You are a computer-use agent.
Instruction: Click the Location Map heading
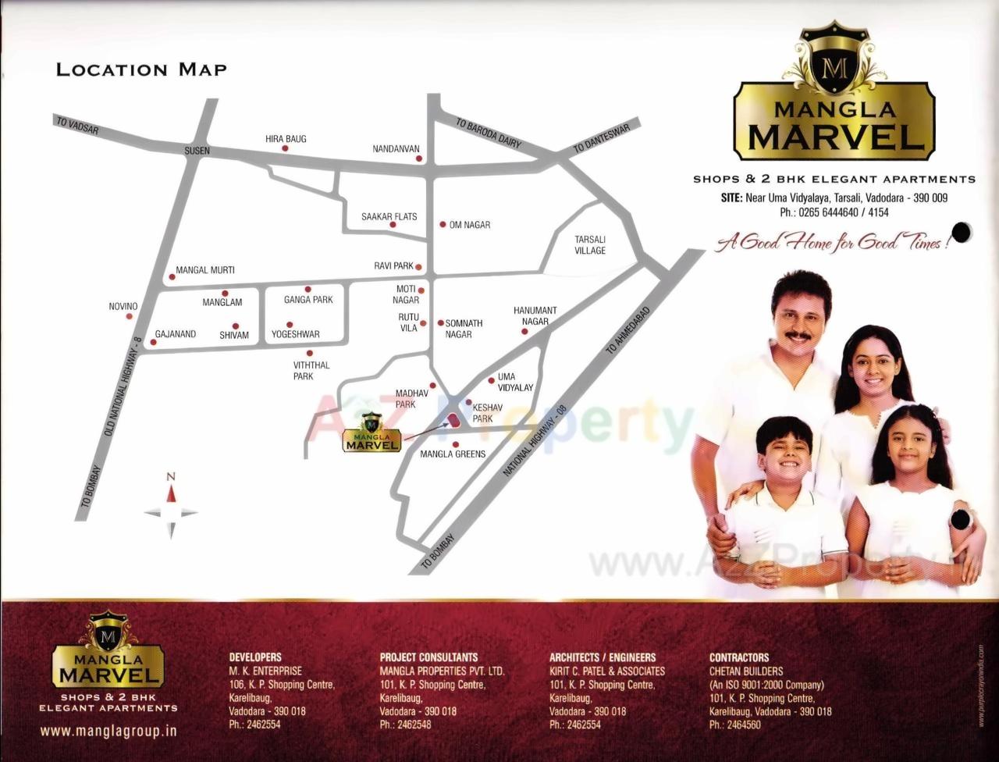(x=141, y=69)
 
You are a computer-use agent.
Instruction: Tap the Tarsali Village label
(x=590, y=245)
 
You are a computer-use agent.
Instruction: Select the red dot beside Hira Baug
(x=285, y=148)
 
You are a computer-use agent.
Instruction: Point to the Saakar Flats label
(x=389, y=216)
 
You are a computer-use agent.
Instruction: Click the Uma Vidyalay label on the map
(x=515, y=382)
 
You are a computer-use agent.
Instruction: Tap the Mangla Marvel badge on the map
(x=372, y=436)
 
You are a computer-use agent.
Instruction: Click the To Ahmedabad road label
(x=627, y=329)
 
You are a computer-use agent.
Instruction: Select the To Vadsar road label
(x=77, y=125)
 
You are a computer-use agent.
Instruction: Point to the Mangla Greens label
(x=453, y=454)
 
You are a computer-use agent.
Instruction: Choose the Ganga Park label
(x=308, y=300)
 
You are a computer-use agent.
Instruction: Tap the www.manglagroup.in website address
(x=108, y=732)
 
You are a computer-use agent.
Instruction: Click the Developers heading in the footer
(x=255, y=657)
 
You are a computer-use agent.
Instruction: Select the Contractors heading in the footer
(x=739, y=657)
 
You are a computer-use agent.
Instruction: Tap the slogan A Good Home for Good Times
(x=832, y=243)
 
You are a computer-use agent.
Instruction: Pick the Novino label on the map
(x=123, y=306)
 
